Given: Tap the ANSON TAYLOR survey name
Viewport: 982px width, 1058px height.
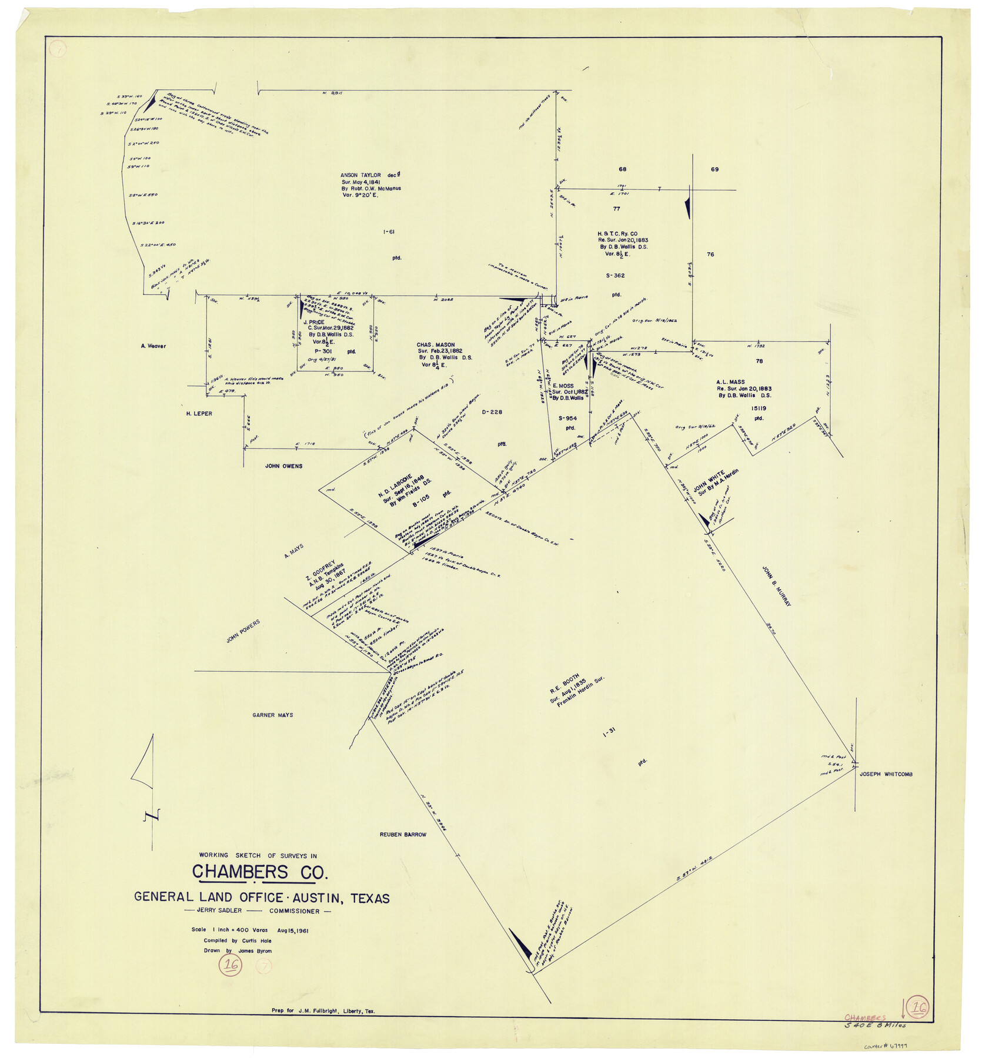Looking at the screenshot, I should click(360, 175).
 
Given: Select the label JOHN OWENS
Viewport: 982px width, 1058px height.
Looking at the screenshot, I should click(283, 466).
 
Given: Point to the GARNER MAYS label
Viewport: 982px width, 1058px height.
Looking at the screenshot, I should click(272, 715).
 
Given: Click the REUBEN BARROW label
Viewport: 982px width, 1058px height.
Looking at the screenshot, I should click(403, 835).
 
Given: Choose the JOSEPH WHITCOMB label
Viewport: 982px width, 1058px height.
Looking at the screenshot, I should click(886, 775).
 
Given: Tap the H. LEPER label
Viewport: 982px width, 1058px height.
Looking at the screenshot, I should click(199, 414).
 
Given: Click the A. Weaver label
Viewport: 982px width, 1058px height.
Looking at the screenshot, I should click(153, 346).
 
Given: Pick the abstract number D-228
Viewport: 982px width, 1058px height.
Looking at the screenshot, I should click(492, 412).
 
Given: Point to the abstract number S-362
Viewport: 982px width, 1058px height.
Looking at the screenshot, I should click(615, 276).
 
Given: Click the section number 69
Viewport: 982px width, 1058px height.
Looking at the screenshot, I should click(714, 169).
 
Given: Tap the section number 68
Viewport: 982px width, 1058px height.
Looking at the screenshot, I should click(622, 169).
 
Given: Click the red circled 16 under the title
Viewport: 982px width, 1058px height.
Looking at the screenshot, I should click(231, 965).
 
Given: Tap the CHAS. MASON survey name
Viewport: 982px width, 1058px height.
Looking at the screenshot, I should click(435, 345).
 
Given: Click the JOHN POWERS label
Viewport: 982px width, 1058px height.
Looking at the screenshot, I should click(243, 631).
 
